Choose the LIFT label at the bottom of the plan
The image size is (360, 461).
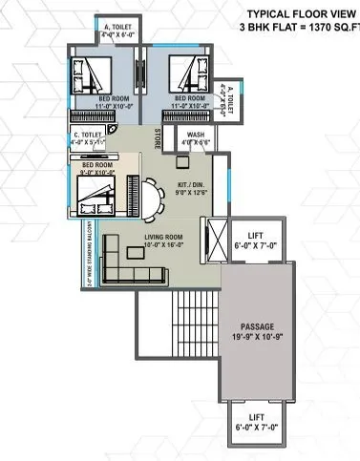255,417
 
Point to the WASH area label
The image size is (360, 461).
197,136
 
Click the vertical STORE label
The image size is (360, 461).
158,138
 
